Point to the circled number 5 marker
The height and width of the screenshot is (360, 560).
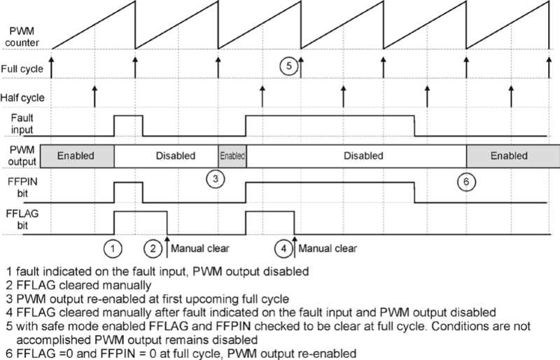click(x=289, y=67)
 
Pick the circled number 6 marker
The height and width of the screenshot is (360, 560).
click(x=466, y=181)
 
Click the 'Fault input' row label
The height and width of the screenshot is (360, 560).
click(x=22, y=125)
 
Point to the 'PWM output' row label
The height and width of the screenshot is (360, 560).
click(x=21, y=155)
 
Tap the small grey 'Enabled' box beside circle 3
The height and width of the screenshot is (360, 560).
click(x=232, y=155)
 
